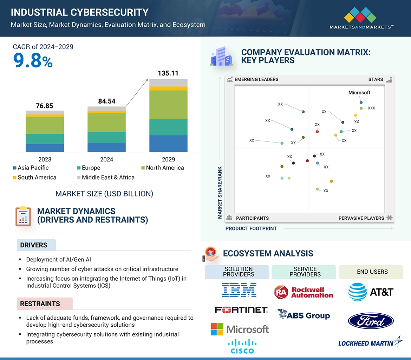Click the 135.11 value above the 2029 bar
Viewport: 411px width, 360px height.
click(168, 73)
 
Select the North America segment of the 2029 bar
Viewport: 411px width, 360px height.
click(168, 105)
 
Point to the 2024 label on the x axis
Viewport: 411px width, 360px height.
click(106, 159)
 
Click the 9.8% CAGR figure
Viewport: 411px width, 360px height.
click(33, 61)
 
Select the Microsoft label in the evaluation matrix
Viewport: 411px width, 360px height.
click(359, 93)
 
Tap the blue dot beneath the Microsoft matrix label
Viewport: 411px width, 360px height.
click(361, 102)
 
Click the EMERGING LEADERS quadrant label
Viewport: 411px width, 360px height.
click(256, 79)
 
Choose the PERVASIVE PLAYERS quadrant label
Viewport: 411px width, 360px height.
click(361, 218)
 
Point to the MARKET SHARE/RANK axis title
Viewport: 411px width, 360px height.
click(220, 192)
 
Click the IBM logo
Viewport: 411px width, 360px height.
click(239, 290)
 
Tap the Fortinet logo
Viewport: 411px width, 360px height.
click(241, 310)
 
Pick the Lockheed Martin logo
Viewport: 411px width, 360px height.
click(370, 342)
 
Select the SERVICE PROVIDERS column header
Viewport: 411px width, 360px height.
click(305, 272)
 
